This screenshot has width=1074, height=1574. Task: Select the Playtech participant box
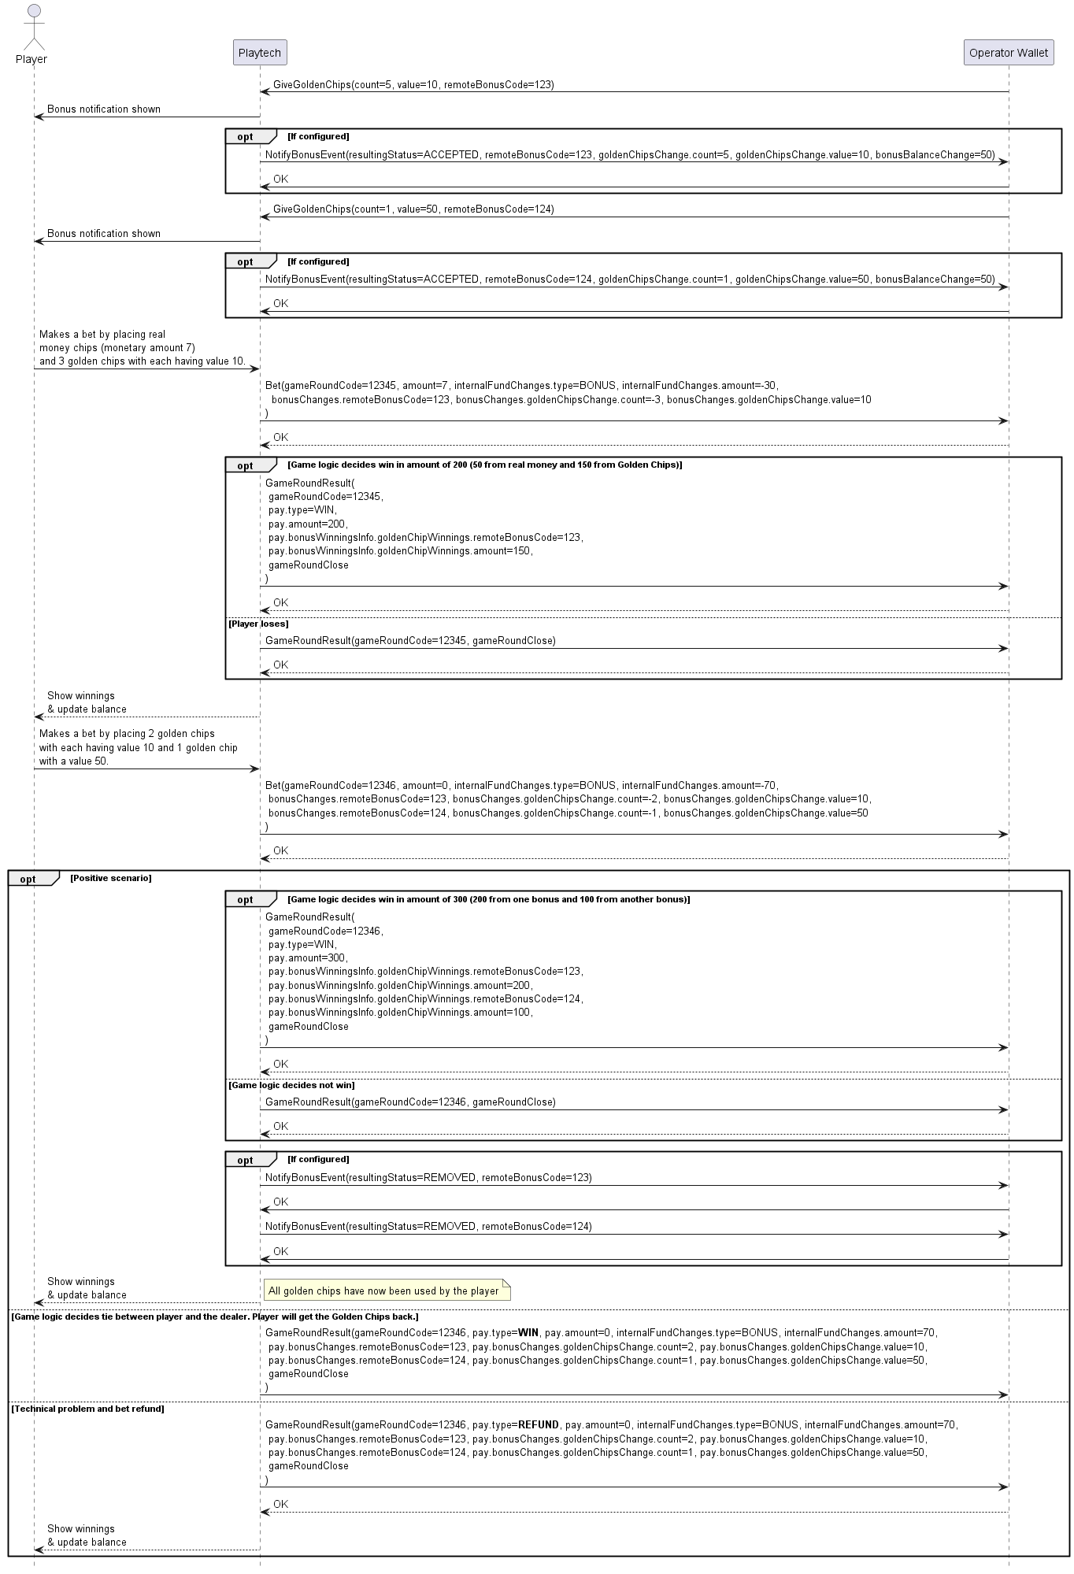(x=260, y=53)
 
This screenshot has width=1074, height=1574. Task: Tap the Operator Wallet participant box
(x=1008, y=53)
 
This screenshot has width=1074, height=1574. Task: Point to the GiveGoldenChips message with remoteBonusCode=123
(x=413, y=84)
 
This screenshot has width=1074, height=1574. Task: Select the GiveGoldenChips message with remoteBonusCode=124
(x=413, y=209)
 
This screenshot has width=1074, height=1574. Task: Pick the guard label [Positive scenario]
(x=111, y=877)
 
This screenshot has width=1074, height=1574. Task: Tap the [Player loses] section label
(x=258, y=624)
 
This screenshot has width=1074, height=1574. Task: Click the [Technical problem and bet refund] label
(x=87, y=1408)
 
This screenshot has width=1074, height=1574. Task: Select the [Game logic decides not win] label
(x=291, y=1085)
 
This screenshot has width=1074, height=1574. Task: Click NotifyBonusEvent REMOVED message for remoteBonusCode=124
(x=428, y=1226)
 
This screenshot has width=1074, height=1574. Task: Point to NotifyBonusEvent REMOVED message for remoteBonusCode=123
(x=428, y=1177)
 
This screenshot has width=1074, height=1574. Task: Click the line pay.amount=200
(x=308, y=524)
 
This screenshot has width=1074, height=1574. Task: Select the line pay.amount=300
(x=308, y=957)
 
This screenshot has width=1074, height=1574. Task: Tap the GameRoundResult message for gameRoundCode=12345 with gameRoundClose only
(x=410, y=640)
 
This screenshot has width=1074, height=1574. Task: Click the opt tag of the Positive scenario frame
(x=28, y=879)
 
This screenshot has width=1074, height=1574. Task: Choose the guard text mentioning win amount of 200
(x=485, y=465)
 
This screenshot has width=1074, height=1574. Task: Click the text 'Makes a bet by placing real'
(x=102, y=334)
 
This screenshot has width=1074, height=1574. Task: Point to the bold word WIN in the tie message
(x=528, y=1332)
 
